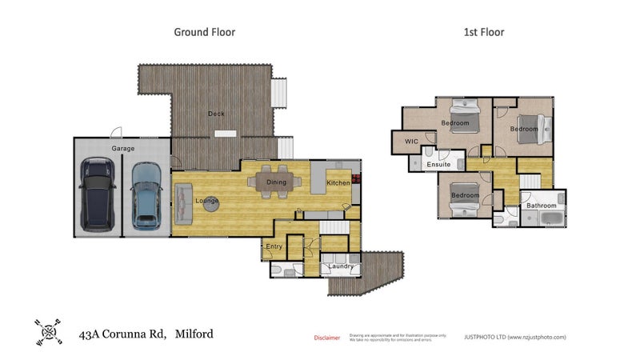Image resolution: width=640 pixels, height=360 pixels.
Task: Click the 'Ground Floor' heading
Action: pos(204,32)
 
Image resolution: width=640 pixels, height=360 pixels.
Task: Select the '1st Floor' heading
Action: pos(484,32)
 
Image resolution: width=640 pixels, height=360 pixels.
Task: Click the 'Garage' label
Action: pos(122,149)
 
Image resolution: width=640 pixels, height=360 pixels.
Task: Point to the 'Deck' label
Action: pos(216,114)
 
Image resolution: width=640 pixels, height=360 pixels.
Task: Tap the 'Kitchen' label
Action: pos(338,184)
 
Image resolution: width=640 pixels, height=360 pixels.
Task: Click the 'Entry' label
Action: pos(274,246)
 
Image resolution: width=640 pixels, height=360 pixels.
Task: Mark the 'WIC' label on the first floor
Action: pos(412,142)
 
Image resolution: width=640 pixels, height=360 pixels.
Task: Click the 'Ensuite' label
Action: pos(438,165)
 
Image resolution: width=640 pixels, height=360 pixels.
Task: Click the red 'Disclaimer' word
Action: pos(326,338)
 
